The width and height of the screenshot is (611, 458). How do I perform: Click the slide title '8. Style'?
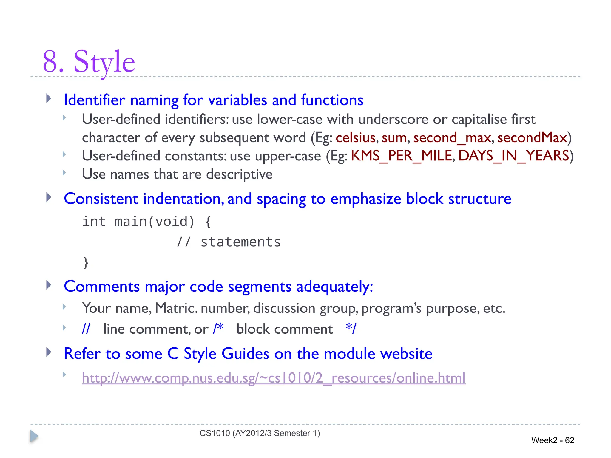pyautogui.click(x=89, y=62)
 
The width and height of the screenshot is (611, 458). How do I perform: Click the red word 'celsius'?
pyautogui.click(x=355, y=138)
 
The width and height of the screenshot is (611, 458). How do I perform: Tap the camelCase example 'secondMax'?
pyautogui.click(x=532, y=138)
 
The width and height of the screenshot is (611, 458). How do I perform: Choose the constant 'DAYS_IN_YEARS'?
pyautogui.click(x=513, y=156)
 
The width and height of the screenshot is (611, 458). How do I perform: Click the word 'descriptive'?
pyautogui.click(x=239, y=174)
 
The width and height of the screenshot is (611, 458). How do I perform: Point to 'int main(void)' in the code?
pyautogui.click(x=138, y=222)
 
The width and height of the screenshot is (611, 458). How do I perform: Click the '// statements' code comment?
pyautogui.click(x=229, y=242)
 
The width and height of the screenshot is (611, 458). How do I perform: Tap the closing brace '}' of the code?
pyautogui.click(x=86, y=263)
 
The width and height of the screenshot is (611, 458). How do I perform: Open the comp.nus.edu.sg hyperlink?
pyautogui.click(x=273, y=378)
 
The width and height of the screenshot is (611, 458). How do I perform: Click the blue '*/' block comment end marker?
pyautogui.click(x=351, y=329)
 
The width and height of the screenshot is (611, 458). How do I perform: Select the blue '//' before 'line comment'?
pyautogui.click(x=86, y=329)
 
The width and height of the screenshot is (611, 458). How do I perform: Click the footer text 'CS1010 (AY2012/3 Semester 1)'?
pyautogui.click(x=260, y=433)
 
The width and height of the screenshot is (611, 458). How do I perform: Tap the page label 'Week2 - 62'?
pyautogui.click(x=553, y=440)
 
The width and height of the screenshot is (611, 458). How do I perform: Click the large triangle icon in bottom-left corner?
pyautogui.click(x=34, y=437)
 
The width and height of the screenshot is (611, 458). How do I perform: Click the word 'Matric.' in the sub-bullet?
pyautogui.click(x=176, y=308)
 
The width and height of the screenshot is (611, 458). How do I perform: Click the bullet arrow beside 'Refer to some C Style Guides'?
pyautogui.click(x=49, y=352)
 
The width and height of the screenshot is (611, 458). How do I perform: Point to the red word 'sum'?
pyautogui.click(x=394, y=138)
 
